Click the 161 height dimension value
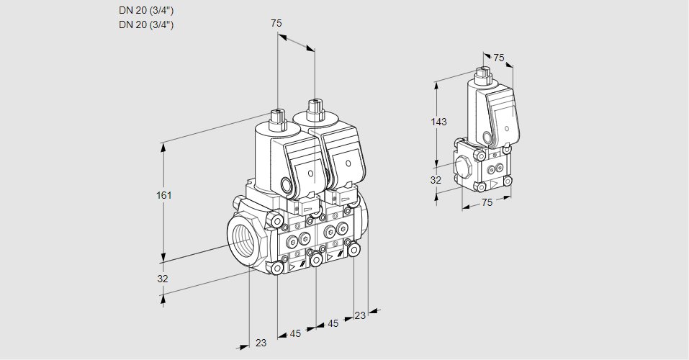point(166,195)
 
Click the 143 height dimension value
point(439,122)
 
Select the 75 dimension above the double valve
point(276,24)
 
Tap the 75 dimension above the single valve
point(499,58)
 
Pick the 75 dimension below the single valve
point(487,203)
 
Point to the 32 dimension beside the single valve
point(436,180)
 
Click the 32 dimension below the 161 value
point(163,279)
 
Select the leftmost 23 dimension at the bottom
point(261,343)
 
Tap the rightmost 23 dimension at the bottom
point(360,315)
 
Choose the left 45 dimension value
point(295,333)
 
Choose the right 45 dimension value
point(333,323)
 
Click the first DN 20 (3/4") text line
point(146,11)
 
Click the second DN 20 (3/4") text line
point(146,24)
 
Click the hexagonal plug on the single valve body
point(464,166)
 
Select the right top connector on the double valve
point(313,110)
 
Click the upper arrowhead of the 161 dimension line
point(163,146)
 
